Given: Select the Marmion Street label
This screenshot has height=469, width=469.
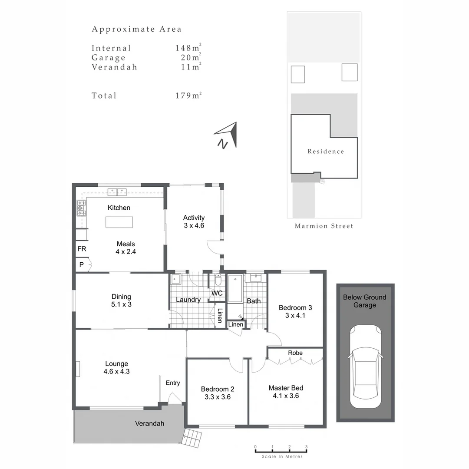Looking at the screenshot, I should [324, 226].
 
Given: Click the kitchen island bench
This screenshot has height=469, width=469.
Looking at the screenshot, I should [119, 221].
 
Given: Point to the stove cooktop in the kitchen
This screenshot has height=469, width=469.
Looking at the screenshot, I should [81, 208].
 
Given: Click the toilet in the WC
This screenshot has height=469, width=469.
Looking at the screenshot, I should [218, 279].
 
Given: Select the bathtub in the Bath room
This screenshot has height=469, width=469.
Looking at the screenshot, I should [235, 289].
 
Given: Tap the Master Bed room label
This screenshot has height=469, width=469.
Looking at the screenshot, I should [286, 388].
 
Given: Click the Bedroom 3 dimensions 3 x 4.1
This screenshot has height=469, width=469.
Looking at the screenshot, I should [295, 316].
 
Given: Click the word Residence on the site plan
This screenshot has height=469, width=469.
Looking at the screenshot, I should [326, 152].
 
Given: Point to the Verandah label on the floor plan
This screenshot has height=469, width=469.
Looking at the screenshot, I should [149, 423].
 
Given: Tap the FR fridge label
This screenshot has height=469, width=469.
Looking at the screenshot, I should [82, 249].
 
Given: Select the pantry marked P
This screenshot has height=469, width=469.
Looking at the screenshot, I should [81, 264].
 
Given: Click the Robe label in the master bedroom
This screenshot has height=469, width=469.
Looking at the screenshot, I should [295, 353].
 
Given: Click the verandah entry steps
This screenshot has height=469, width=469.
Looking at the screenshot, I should [192, 438].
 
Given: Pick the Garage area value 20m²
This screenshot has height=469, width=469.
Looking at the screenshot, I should [190, 58].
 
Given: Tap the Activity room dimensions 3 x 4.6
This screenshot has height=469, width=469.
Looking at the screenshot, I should [194, 226].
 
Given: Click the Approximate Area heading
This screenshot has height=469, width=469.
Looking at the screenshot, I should [136, 30].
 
